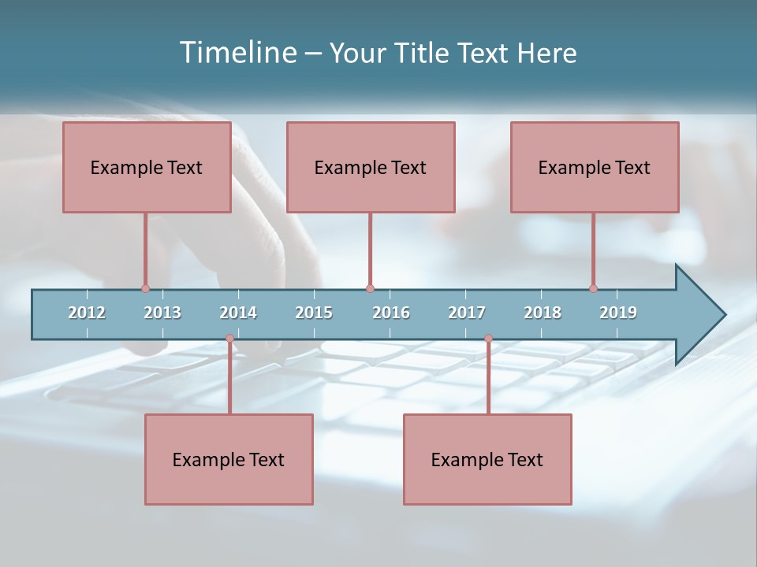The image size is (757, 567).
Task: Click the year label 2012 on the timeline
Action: [87, 313]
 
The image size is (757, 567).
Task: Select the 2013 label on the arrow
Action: [162, 313]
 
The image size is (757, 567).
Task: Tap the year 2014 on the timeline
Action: [238, 313]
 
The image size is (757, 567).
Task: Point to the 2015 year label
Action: [314, 313]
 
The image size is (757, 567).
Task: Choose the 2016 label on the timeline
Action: [391, 313]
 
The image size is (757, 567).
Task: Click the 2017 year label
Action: [467, 313]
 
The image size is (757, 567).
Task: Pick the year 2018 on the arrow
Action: [543, 313]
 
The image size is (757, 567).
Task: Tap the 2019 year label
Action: [618, 313]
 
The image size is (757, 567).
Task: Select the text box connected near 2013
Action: [147, 167]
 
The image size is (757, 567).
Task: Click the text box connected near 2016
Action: [371, 167]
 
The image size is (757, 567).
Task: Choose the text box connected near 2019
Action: [595, 167]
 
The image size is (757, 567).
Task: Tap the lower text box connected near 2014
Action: [229, 459]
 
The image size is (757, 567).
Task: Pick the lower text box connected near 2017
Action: [487, 459]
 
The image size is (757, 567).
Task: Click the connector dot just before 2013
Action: [145, 288]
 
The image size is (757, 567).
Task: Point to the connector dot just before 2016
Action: [370, 288]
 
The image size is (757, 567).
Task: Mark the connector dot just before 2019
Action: [593, 288]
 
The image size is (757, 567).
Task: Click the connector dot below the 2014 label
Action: [229, 339]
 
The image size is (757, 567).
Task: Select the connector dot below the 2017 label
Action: [488, 339]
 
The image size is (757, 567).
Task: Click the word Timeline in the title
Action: [237, 53]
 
